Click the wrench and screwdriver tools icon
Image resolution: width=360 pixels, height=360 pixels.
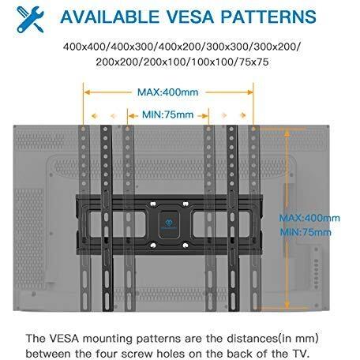pyautogui.click(x=30, y=19)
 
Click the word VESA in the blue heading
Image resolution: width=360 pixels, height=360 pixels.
pyautogui.click(x=190, y=17)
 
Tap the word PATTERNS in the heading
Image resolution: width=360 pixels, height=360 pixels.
pyautogui.click(x=268, y=17)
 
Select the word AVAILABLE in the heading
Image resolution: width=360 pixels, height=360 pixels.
pyautogui.click(x=110, y=17)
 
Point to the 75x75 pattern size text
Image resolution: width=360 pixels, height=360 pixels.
pyautogui.click(x=253, y=62)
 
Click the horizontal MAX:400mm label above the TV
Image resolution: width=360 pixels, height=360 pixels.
pyautogui.click(x=168, y=92)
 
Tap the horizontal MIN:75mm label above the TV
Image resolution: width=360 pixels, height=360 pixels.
pyautogui.click(x=168, y=114)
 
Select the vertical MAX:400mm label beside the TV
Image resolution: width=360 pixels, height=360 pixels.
pyautogui.click(x=309, y=218)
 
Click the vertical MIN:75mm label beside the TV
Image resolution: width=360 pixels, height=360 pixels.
pyautogui.click(x=306, y=232)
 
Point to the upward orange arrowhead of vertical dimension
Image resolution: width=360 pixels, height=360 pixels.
pyautogui.click(x=287, y=133)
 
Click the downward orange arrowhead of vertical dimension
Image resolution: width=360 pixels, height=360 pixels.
pyautogui.click(x=287, y=305)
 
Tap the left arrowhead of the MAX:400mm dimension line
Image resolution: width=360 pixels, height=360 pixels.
pyautogui.click(x=87, y=92)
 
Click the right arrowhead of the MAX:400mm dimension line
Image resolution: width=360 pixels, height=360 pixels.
pyautogui.click(x=249, y=92)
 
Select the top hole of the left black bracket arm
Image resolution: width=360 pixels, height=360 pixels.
pyautogui.click(x=106, y=129)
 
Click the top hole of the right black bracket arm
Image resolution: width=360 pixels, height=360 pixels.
pyautogui.click(x=231, y=129)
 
